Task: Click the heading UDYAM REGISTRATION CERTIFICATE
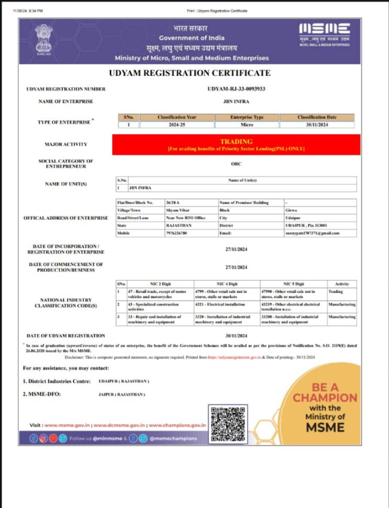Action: click(190, 73)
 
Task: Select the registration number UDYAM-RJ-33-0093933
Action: click(236, 89)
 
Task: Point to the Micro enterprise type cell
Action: click(247, 125)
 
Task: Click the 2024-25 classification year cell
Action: click(176, 125)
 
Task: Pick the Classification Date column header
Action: click(317, 117)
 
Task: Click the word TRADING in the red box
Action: click(236, 141)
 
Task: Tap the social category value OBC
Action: click(236, 163)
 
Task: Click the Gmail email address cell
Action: click(313, 233)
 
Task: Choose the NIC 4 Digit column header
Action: click(228, 283)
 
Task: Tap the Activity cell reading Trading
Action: click(336, 291)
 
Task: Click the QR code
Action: click(227, 423)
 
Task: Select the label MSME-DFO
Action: click(42, 394)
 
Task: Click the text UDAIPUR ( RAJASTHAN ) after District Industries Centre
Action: click(124, 381)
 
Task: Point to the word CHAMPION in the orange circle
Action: click(325, 398)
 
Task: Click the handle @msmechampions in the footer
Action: click(173, 438)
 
